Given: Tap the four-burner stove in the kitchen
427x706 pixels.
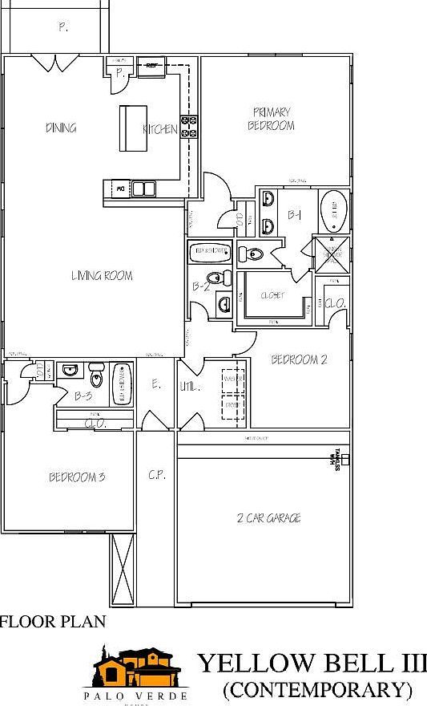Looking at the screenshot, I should (x=191, y=128).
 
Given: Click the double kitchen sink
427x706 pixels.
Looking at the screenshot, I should (x=144, y=189).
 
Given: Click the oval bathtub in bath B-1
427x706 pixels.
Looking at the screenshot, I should (x=332, y=211).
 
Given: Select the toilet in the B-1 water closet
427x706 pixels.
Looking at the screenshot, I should (x=252, y=254).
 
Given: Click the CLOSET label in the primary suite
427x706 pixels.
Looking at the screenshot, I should (x=272, y=295).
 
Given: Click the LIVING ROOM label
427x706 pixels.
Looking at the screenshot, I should (x=102, y=276).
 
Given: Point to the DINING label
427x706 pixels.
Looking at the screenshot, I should (x=61, y=128).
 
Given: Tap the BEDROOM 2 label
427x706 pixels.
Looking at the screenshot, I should (x=298, y=359).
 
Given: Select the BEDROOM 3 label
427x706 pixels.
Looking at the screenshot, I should (x=77, y=477).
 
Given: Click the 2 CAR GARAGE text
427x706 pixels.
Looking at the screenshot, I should (x=269, y=518).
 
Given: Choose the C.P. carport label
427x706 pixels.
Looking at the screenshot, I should (x=156, y=475).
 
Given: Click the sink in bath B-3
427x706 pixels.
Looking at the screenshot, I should (x=70, y=371).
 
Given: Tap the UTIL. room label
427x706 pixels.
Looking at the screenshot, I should (x=191, y=386).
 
